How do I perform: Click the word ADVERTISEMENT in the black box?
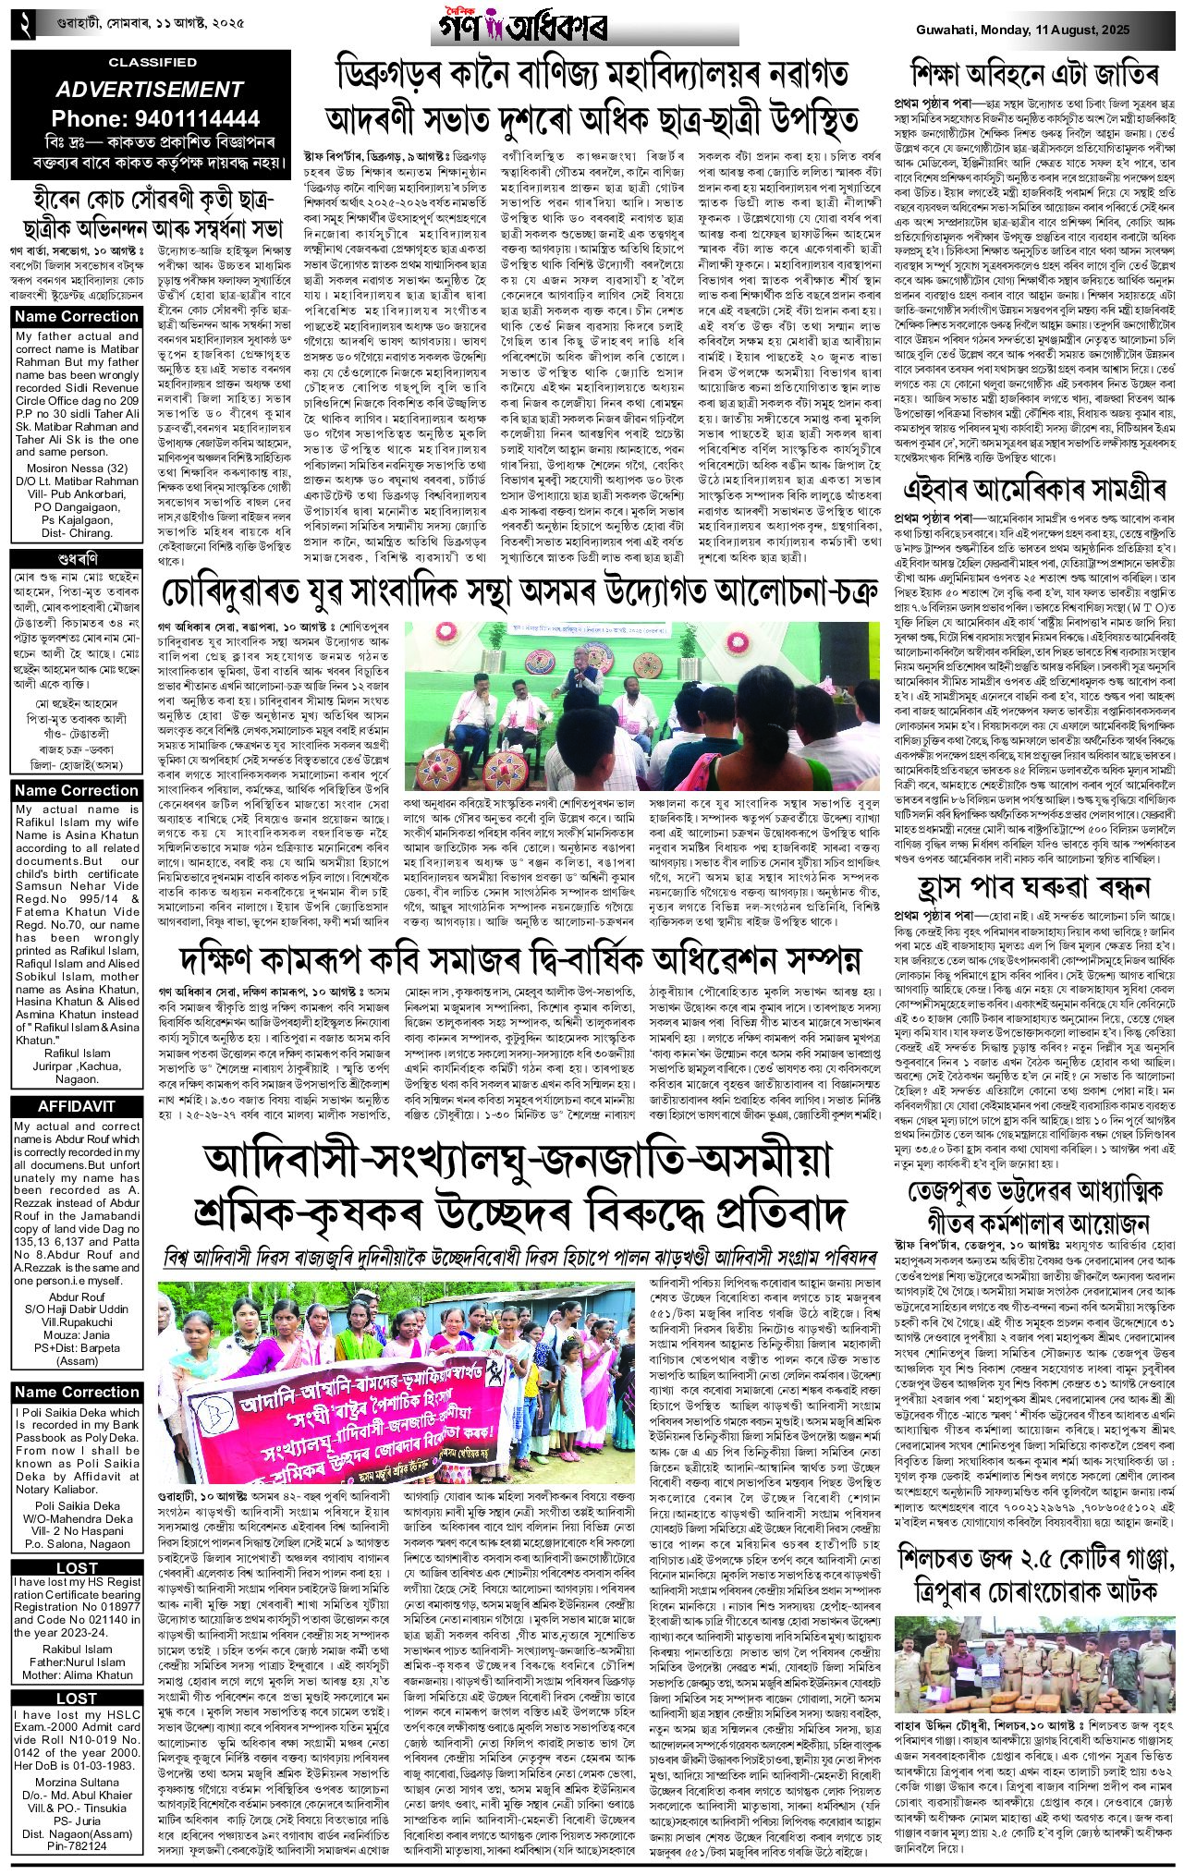(x=148, y=90)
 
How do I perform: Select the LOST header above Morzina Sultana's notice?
(x=77, y=1698)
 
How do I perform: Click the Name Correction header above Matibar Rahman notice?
(x=77, y=317)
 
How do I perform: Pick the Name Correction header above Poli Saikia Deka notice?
(x=77, y=1392)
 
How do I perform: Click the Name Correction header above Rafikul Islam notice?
(x=77, y=790)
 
